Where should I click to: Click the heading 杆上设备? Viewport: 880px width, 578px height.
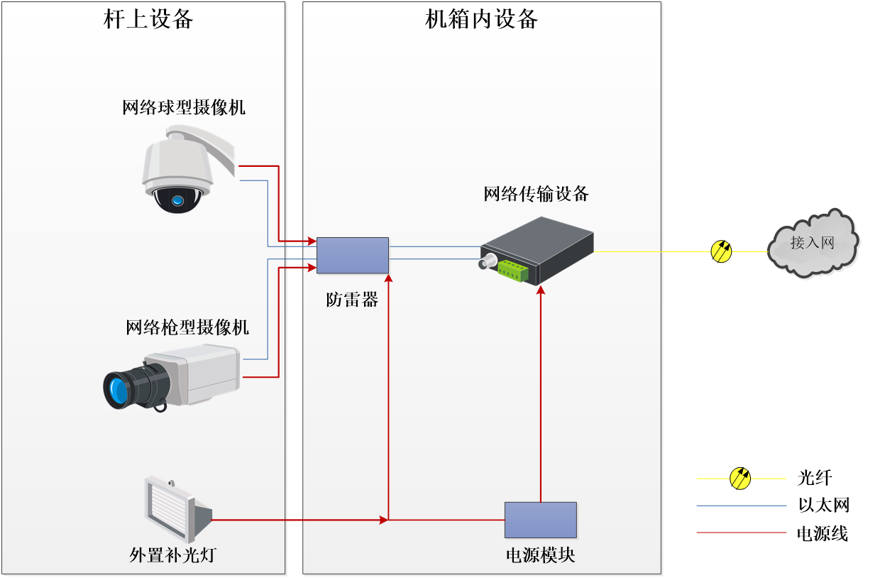[x=148, y=18]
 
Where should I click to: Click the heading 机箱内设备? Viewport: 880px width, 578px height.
[x=481, y=18]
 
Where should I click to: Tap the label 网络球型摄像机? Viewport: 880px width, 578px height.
[x=184, y=107]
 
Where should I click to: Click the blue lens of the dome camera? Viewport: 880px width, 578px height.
[x=177, y=201]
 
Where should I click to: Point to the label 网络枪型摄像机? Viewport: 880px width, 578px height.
[x=187, y=327]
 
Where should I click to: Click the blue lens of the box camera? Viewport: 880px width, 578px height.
[x=116, y=389]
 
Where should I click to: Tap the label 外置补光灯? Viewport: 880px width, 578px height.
[x=172, y=555]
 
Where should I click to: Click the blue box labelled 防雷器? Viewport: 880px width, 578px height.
[x=353, y=256]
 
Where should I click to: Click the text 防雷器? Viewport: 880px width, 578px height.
[x=353, y=300]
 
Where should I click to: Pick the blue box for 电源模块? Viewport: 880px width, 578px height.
[x=540, y=520]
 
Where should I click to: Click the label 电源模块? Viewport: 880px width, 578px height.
[x=540, y=555]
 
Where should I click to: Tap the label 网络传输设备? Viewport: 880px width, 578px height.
[x=537, y=194]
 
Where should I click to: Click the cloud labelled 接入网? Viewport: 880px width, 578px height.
[x=813, y=244]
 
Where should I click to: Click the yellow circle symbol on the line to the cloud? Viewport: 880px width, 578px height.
[x=721, y=251]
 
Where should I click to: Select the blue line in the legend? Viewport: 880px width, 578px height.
[x=741, y=506]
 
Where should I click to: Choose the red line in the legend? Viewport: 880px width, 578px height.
[x=741, y=533]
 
